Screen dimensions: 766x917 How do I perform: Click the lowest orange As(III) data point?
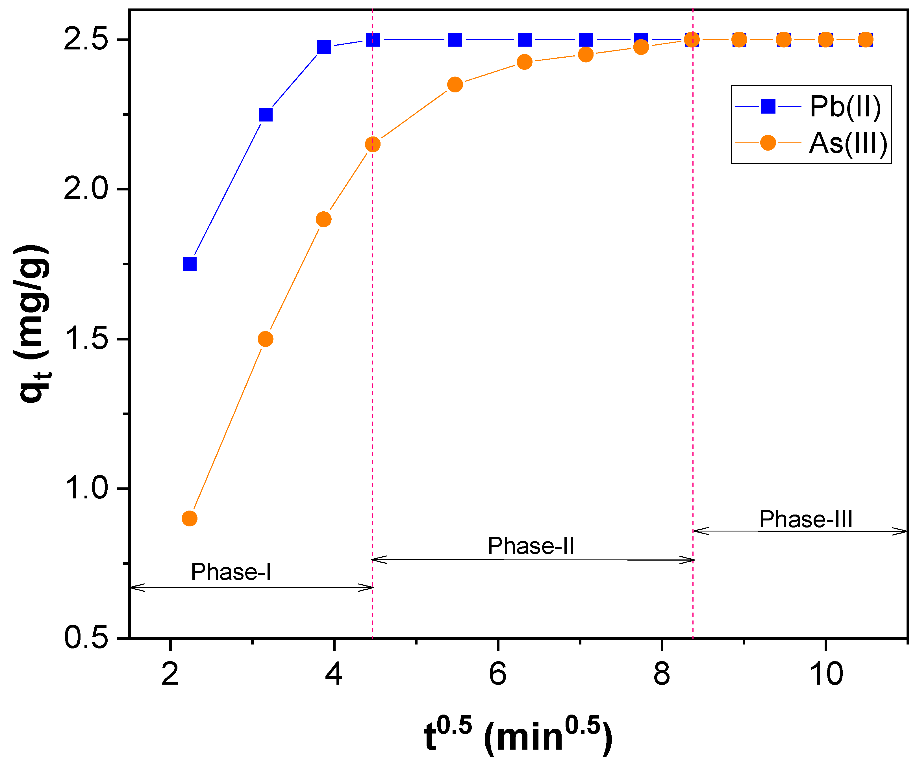[189, 518]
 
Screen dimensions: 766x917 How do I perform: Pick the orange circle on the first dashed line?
[372, 144]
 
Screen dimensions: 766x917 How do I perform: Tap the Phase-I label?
[231, 572]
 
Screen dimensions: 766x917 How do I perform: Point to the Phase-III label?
[806, 519]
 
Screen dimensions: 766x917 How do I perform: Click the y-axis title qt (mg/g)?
[33, 323]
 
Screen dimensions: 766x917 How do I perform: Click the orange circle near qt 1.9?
[323, 219]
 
